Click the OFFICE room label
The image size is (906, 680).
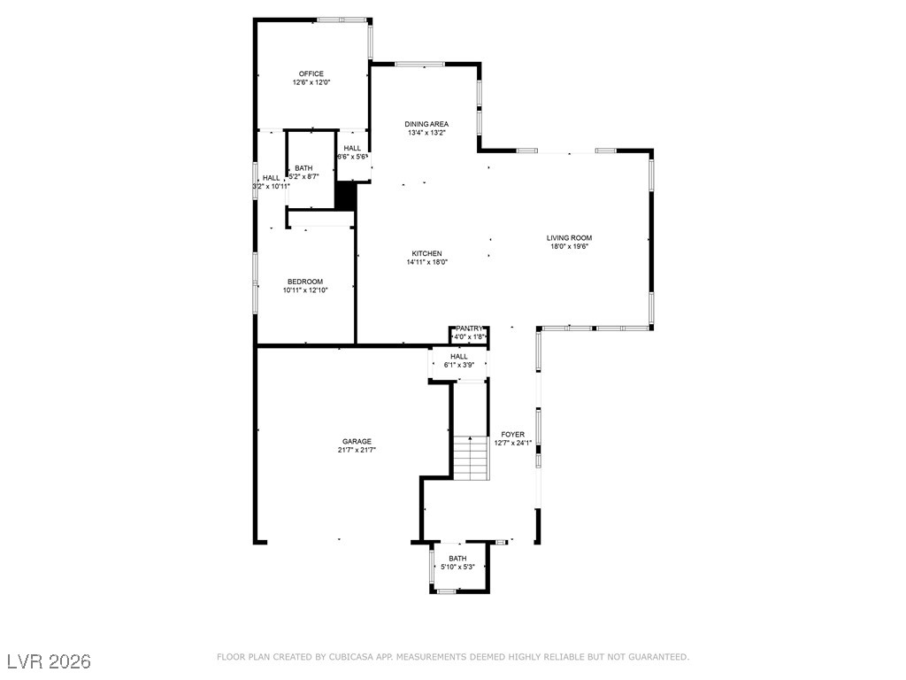pyautogui.click(x=311, y=73)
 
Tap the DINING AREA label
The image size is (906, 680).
pyautogui.click(x=426, y=124)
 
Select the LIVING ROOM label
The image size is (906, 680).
pyautogui.click(x=569, y=237)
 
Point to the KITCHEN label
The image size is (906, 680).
pyautogui.click(x=426, y=253)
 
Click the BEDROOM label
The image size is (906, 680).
pyautogui.click(x=304, y=282)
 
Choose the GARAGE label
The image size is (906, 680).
pyautogui.click(x=357, y=441)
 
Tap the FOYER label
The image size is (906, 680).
pyautogui.click(x=513, y=434)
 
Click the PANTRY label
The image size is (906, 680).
pyautogui.click(x=469, y=328)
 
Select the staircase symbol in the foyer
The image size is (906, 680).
pyautogui.click(x=471, y=458)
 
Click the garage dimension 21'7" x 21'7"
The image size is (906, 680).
pyautogui.click(x=357, y=450)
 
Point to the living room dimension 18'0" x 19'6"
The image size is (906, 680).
pyautogui.click(x=569, y=246)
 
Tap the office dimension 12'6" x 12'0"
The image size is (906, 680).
pyautogui.click(x=311, y=82)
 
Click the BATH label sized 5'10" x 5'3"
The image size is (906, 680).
pyautogui.click(x=457, y=558)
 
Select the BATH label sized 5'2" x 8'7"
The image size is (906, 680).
pyautogui.click(x=303, y=168)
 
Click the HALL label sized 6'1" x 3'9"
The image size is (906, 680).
pyautogui.click(x=459, y=356)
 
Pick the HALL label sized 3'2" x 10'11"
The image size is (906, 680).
pyautogui.click(x=271, y=178)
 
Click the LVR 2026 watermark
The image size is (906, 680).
pyautogui.click(x=49, y=661)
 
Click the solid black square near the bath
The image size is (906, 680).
pyautogui.click(x=345, y=196)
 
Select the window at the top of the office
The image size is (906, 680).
pyautogui.click(x=343, y=19)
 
